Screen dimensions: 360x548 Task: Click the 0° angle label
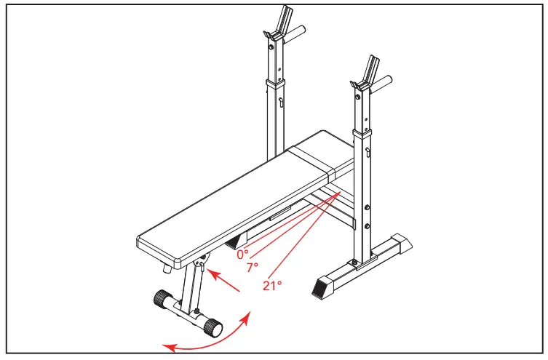(x=242, y=254)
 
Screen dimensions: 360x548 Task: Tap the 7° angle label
(x=253, y=268)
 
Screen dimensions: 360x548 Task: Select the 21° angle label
(x=271, y=286)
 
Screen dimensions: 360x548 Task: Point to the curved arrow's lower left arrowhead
(x=168, y=347)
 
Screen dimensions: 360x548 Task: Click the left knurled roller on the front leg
(x=161, y=299)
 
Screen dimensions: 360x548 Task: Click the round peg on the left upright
(x=297, y=33)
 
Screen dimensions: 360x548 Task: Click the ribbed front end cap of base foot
(x=322, y=288)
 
